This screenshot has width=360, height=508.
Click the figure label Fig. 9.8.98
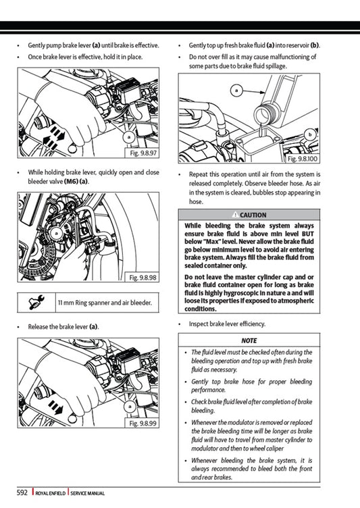pos(143,278)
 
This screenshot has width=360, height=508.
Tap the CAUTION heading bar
pos(249,215)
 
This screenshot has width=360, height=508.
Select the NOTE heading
pos(249,340)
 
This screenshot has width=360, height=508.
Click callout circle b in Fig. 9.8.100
pos(310,135)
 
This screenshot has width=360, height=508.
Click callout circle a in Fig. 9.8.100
pos(237,89)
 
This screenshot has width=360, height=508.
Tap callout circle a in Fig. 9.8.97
pos(128,137)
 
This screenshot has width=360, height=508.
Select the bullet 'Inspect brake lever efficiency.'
pos(227,324)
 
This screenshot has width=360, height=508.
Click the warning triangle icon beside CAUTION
pos(233,215)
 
